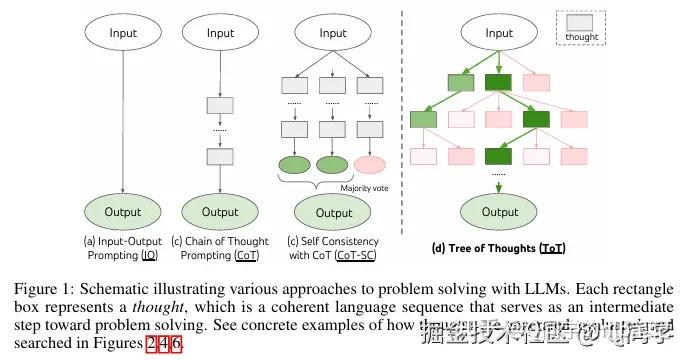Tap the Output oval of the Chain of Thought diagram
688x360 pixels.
point(220,212)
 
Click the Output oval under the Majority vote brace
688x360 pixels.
point(333,213)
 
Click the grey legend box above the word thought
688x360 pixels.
point(582,22)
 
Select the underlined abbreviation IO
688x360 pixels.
point(149,255)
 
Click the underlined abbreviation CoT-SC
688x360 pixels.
point(355,255)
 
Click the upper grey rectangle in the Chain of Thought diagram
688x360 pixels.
point(220,105)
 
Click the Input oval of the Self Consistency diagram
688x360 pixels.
point(333,34)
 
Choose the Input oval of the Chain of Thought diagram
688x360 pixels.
point(220,34)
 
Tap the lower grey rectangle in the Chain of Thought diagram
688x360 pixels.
point(220,156)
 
